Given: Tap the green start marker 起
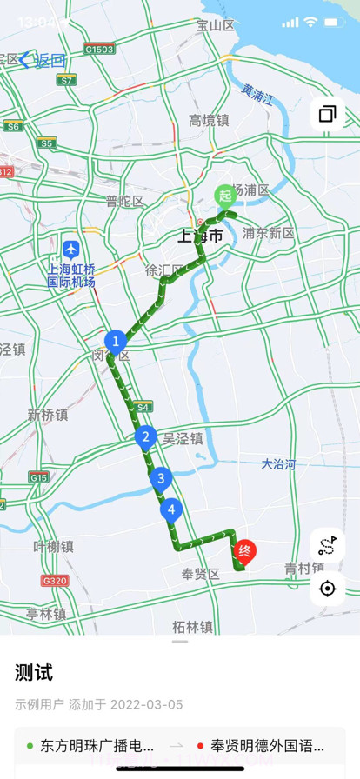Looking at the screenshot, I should [224, 195].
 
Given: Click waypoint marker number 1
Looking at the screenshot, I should [115, 342].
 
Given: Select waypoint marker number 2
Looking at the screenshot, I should [145, 437].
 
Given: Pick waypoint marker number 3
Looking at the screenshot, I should [159, 477].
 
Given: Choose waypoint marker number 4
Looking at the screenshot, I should [171, 509].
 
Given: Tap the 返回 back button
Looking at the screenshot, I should [43, 60].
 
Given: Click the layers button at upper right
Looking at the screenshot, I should [327, 114].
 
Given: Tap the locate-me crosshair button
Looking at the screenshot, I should [327, 589].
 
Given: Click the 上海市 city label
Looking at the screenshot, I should [200, 236].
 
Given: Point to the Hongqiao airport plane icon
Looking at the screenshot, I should [70, 250].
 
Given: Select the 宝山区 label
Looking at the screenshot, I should [216, 26].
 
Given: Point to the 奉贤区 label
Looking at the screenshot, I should [200, 574].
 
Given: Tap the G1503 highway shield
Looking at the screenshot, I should [100, 50].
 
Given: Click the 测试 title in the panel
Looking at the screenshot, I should [34, 672].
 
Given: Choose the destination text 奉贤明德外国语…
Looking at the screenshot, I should [267, 745].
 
